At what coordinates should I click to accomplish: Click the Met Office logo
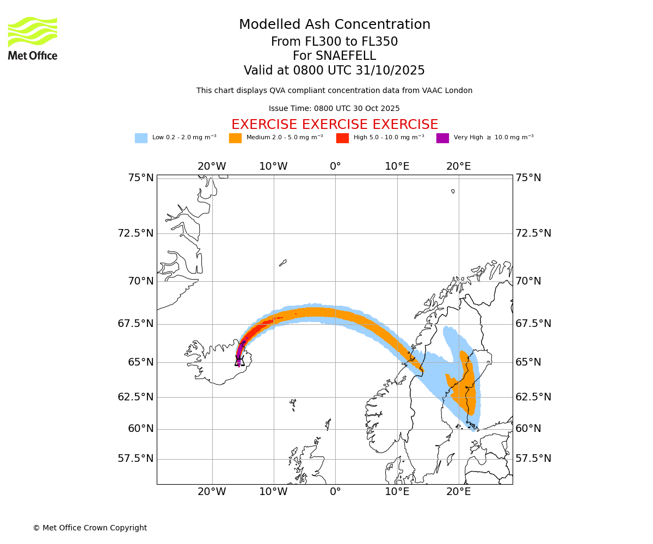(x=33, y=38)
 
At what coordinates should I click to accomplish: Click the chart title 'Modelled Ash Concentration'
(x=334, y=25)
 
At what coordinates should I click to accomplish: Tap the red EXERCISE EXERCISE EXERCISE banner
(x=334, y=125)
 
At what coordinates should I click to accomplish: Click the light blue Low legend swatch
(x=141, y=138)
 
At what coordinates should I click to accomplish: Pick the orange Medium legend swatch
(x=235, y=138)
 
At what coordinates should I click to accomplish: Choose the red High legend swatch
(x=342, y=138)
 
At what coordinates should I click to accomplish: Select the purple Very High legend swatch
(x=442, y=138)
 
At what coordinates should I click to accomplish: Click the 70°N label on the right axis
(x=528, y=281)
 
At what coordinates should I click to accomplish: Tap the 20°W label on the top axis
(x=212, y=166)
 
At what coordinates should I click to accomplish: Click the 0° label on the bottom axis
(x=335, y=492)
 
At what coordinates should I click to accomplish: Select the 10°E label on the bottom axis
(x=397, y=492)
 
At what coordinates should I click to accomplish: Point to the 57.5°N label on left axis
(x=135, y=459)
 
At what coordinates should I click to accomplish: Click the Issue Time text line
(x=334, y=109)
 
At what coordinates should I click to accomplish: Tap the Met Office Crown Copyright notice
(x=90, y=528)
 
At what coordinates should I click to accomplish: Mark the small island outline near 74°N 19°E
(x=453, y=191)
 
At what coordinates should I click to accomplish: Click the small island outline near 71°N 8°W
(x=282, y=263)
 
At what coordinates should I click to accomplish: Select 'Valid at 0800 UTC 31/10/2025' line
(x=334, y=71)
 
